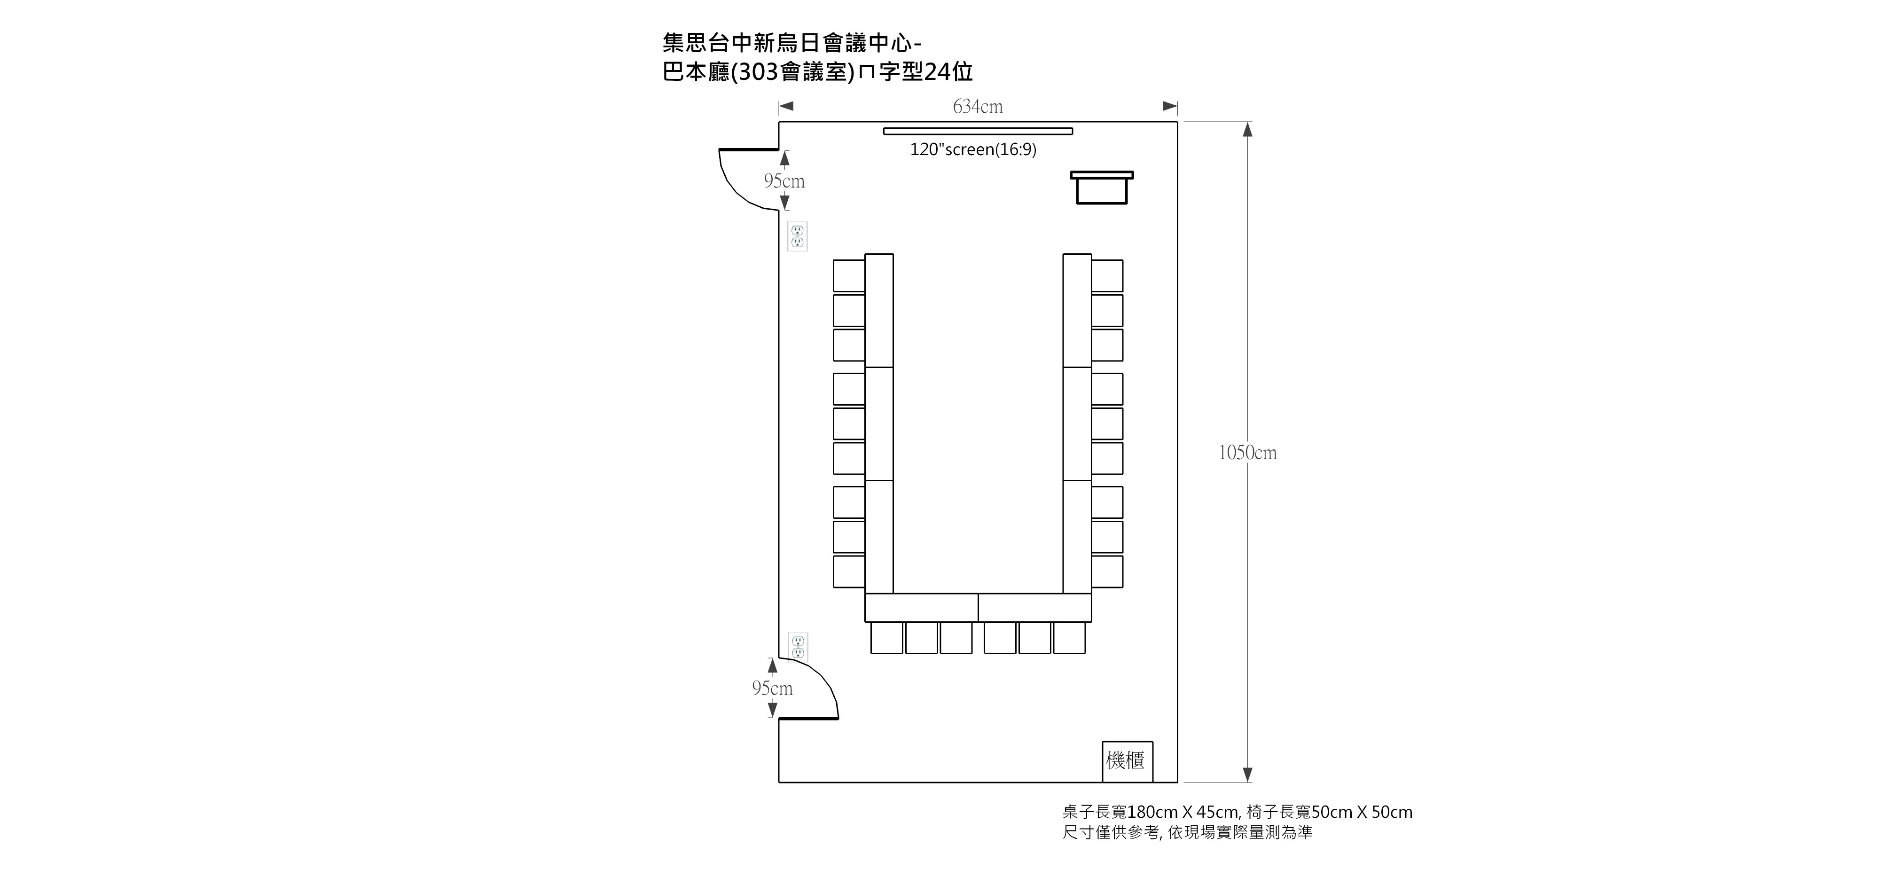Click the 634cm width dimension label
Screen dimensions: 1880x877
point(978,107)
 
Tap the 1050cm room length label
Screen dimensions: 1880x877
point(1247,453)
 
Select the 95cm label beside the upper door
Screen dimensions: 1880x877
point(784,181)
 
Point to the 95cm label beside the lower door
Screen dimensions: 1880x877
point(772,688)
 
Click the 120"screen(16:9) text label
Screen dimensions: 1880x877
point(973,149)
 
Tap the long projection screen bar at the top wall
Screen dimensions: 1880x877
point(978,131)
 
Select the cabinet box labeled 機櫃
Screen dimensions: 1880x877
point(1128,762)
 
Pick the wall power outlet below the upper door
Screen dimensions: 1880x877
point(798,236)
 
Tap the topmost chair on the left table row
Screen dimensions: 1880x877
point(849,276)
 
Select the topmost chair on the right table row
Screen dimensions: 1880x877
point(1107,276)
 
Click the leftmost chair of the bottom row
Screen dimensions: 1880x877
point(887,638)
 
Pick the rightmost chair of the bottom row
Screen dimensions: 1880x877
point(1069,638)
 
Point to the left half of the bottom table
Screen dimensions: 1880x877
point(922,608)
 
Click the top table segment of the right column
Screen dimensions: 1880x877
point(1077,311)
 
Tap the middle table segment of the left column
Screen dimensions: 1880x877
point(879,424)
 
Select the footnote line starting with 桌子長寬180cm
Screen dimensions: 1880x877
point(1237,812)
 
